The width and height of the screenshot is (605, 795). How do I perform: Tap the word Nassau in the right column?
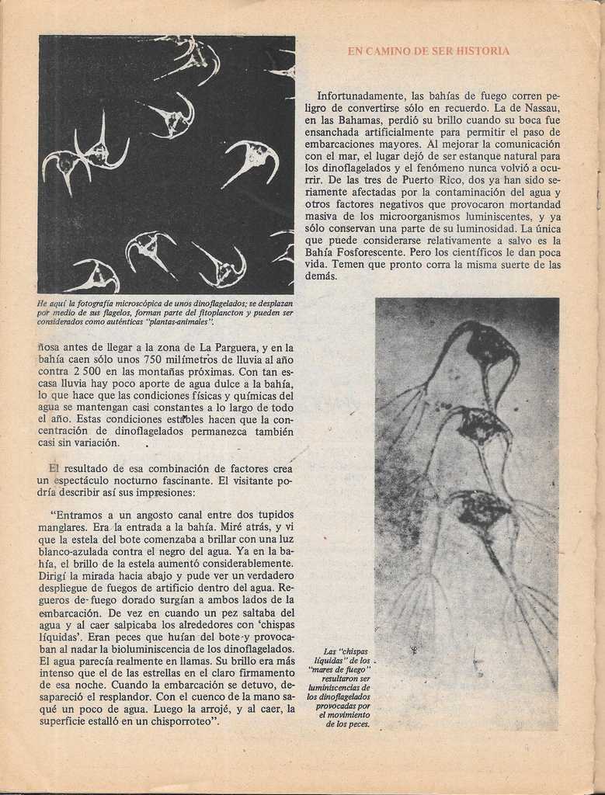[539, 108]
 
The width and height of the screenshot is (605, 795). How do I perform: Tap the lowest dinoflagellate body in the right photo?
[482, 509]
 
